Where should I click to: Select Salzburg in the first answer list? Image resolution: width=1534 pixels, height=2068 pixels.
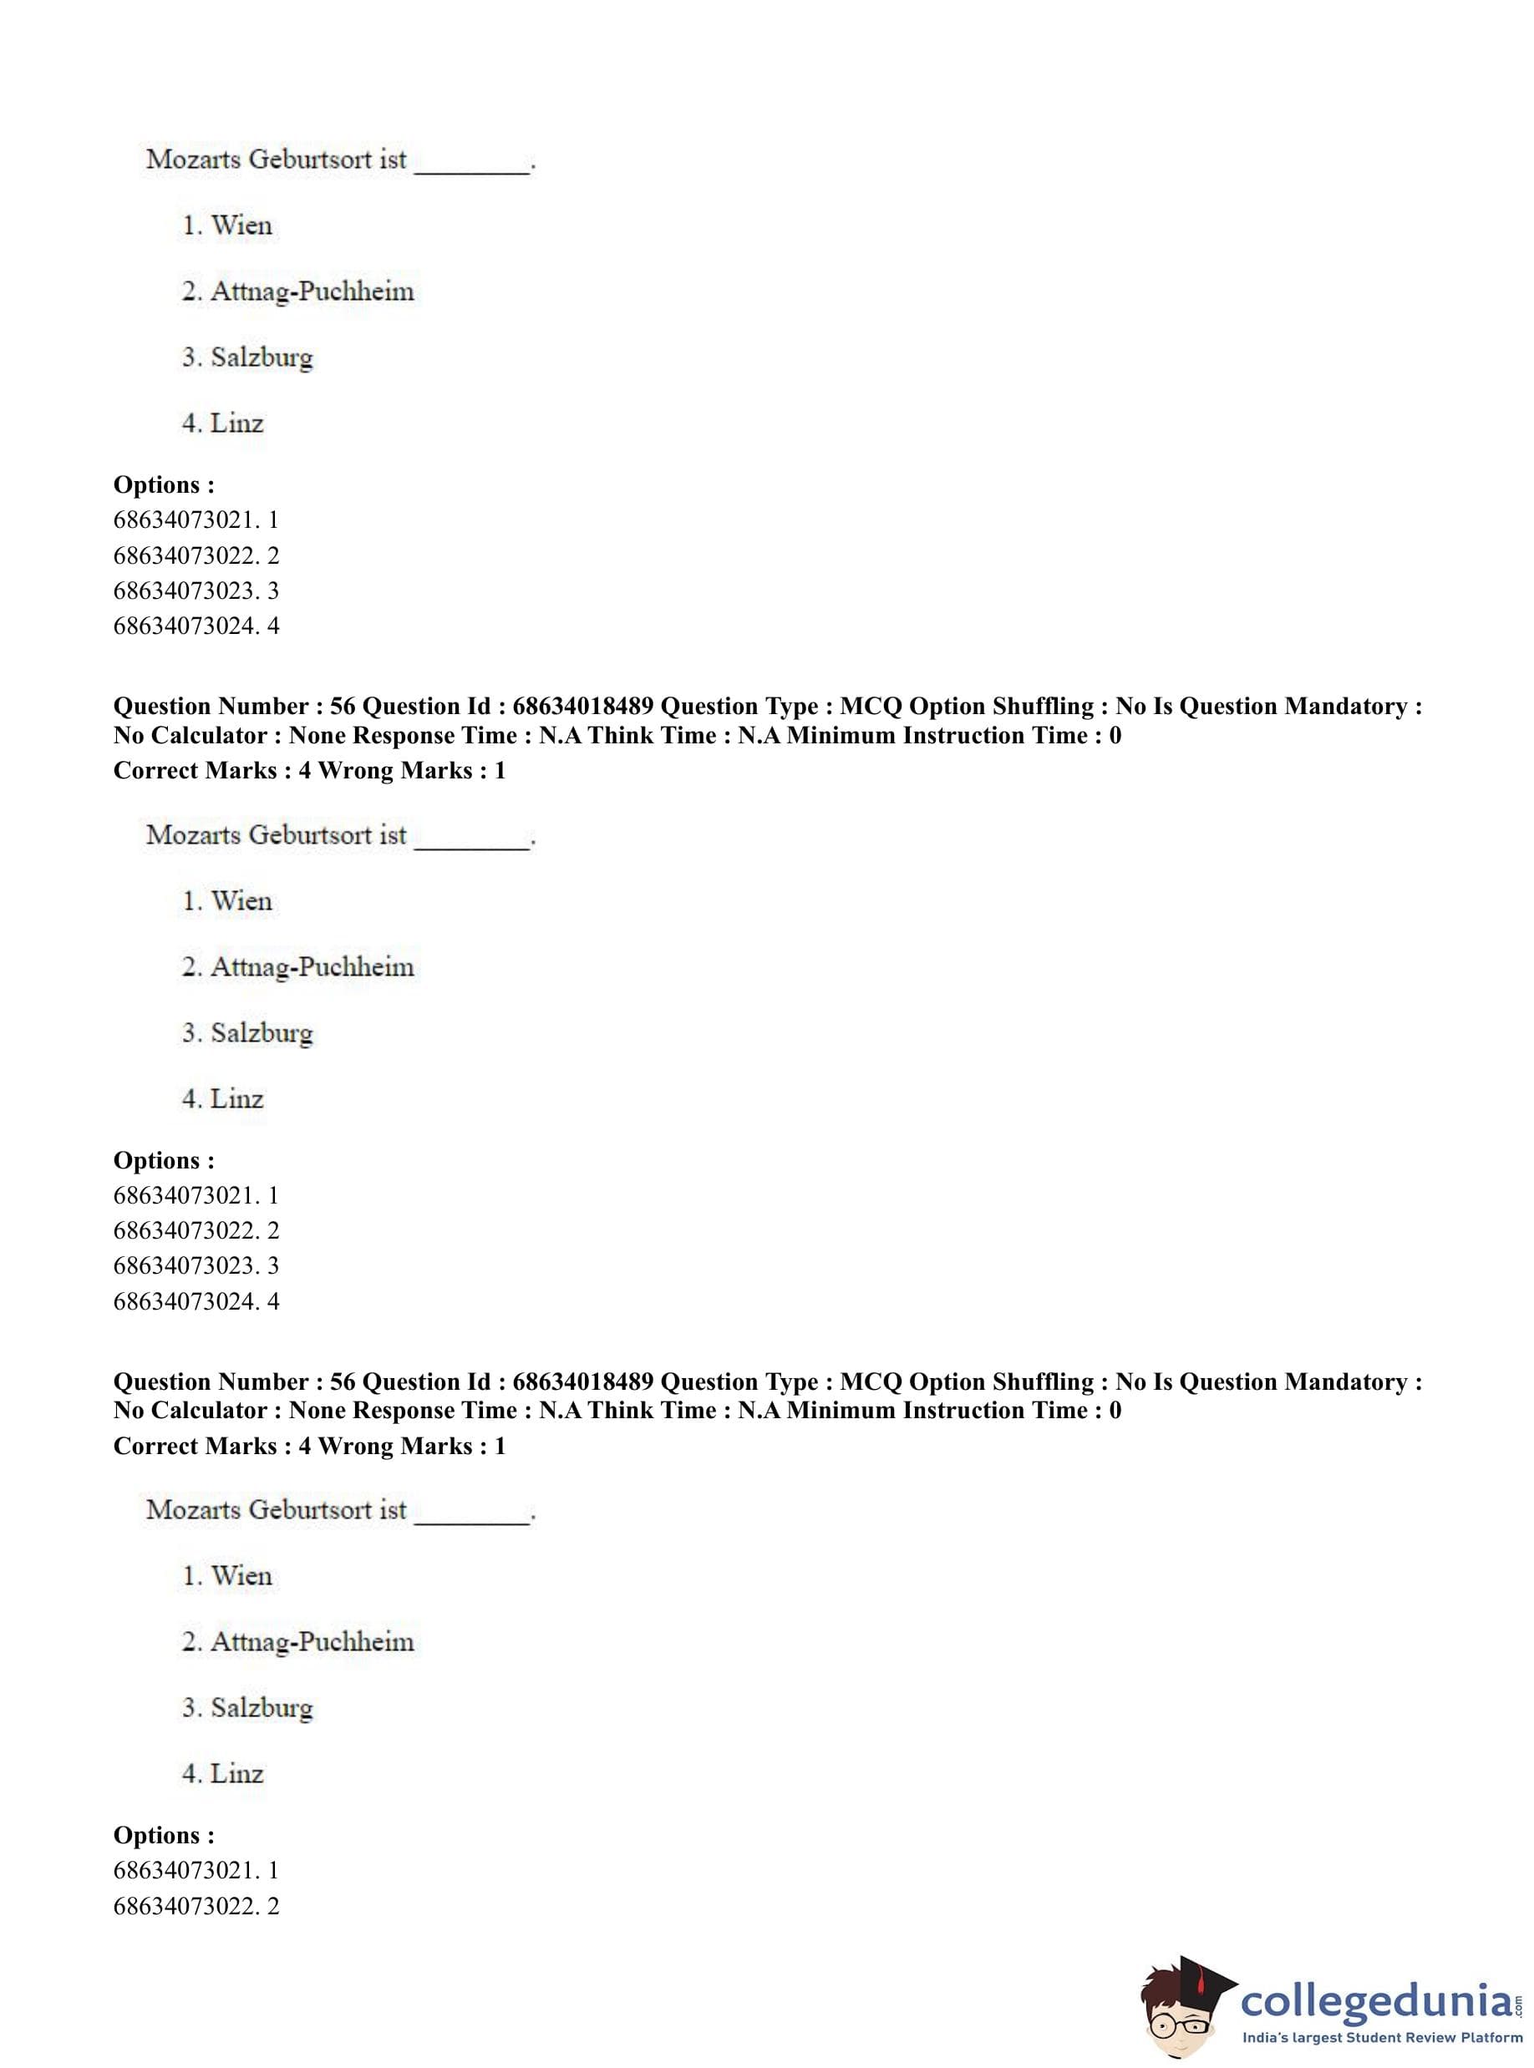click(x=261, y=357)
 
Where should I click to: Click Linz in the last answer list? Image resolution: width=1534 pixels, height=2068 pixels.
click(x=236, y=1774)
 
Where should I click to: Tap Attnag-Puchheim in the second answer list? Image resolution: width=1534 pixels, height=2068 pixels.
click(x=312, y=967)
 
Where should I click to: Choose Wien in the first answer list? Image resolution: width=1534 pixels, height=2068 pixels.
click(x=241, y=226)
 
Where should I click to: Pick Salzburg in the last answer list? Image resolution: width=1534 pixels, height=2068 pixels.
click(x=261, y=1708)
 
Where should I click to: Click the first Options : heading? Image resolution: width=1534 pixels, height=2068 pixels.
click(x=164, y=484)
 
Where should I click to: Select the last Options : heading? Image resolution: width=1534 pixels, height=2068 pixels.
click(x=164, y=1835)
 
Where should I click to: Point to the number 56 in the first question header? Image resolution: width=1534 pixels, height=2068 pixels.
click(x=343, y=707)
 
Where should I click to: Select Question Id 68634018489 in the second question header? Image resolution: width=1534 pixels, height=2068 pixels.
click(x=582, y=1382)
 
